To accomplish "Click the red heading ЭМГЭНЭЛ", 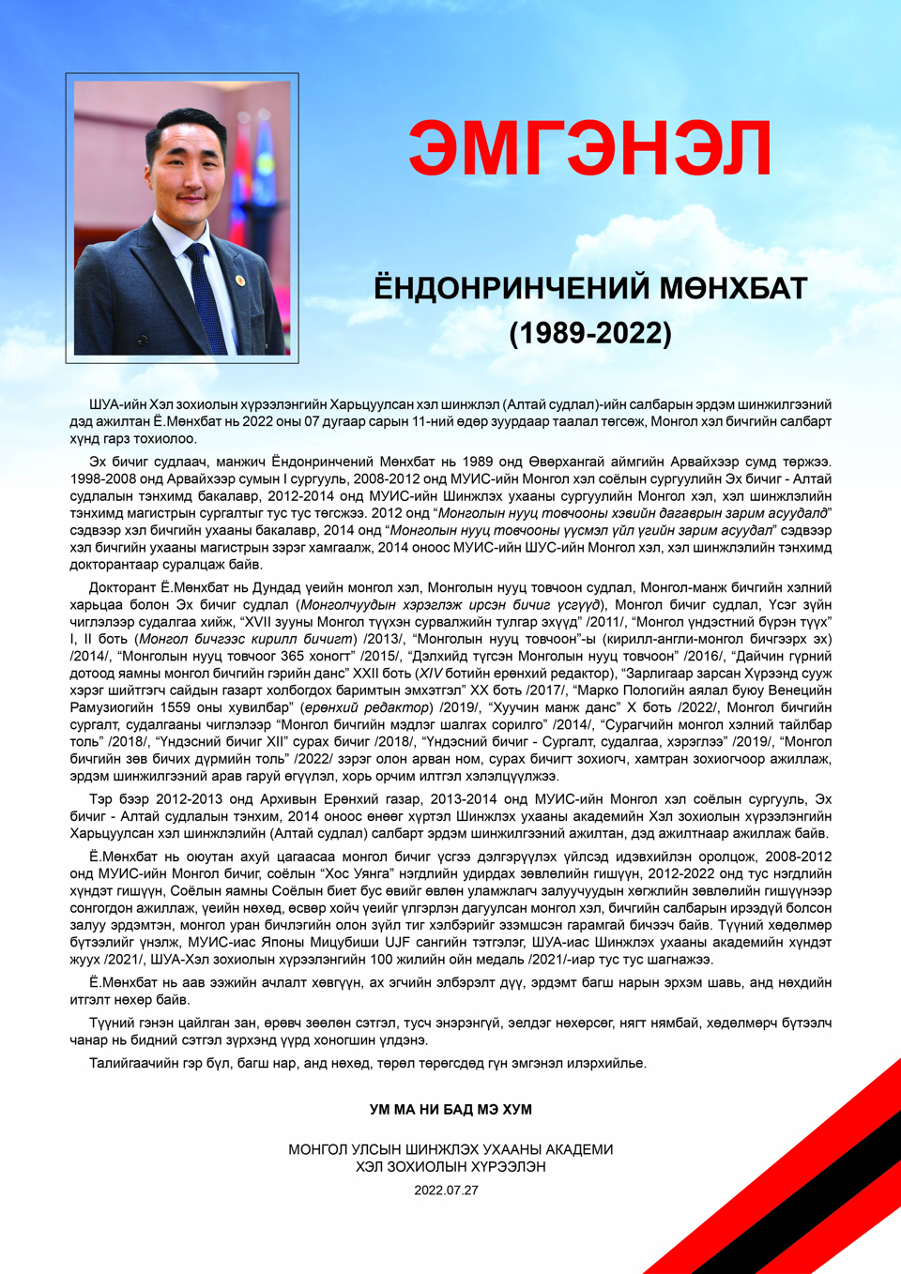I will [589, 148].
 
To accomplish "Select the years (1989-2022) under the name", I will [590, 333].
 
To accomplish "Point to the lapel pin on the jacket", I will [240, 281].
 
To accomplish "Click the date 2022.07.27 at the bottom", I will [446, 1191].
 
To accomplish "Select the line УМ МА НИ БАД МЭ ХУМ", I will [450, 1110].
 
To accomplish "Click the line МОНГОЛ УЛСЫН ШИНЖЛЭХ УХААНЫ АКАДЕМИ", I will [450, 1149].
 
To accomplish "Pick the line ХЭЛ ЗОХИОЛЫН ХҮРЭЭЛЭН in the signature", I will [450, 1167].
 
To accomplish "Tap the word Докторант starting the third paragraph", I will [122, 587].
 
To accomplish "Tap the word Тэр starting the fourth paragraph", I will [100, 799].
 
